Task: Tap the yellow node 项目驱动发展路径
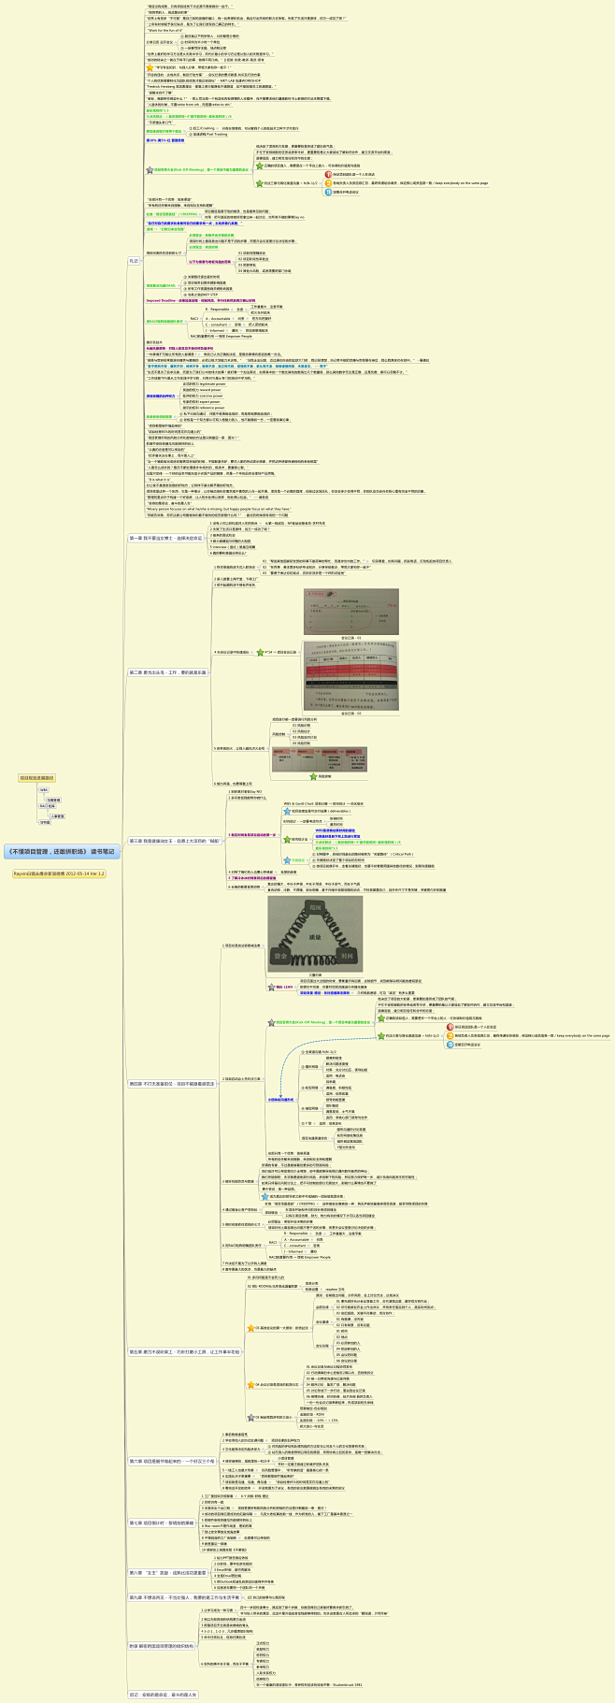point(36,777)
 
